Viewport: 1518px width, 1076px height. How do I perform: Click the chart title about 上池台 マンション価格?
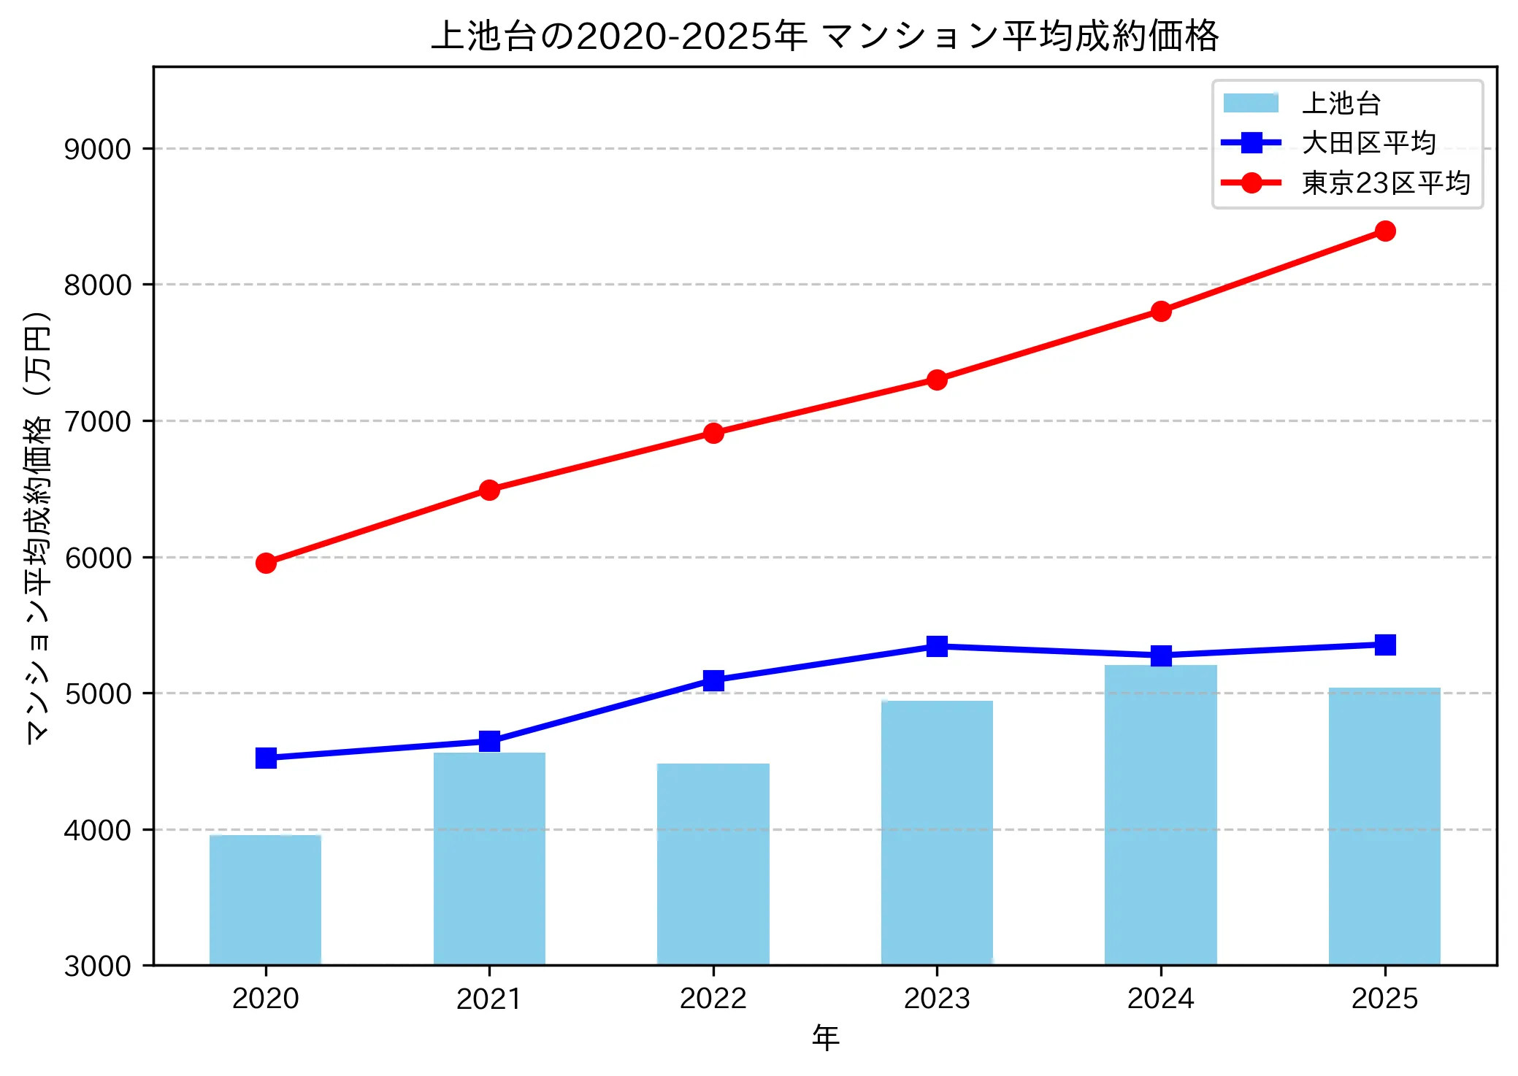point(825,35)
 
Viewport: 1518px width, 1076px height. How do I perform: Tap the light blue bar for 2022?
point(713,864)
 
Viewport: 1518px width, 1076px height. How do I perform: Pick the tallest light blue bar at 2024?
point(1160,815)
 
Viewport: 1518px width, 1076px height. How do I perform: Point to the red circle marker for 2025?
point(1384,231)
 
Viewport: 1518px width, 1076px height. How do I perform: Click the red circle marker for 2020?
point(266,563)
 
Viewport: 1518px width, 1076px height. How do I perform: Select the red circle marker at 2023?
point(937,380)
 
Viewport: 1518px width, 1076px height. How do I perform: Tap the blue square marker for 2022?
point(713,680)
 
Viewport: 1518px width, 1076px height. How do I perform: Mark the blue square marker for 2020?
point(266,758)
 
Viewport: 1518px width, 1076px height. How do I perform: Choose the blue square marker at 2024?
point(1160,656)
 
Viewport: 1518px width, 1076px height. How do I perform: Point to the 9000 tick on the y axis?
point(97,149)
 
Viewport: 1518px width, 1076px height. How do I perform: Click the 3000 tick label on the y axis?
point(97,966)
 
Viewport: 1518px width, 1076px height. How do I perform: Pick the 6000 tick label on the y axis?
point(97,558)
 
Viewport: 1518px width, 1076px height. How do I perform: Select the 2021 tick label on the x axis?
point(488,999)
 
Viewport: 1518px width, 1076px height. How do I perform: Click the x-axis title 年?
point(825,1037)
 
